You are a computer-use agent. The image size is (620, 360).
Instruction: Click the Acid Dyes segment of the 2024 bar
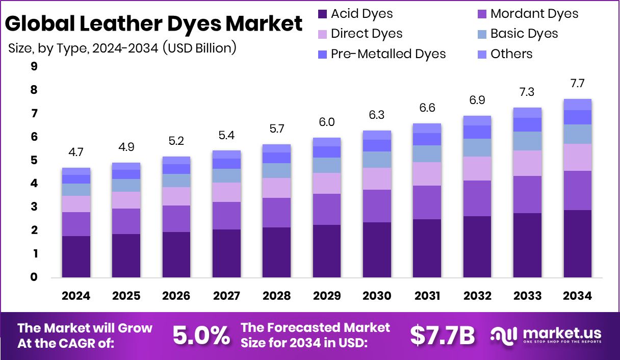pyautogui.click(x=76, y=256)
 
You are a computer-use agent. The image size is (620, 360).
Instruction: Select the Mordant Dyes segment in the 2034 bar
pyautogui.click(x=578, y=190)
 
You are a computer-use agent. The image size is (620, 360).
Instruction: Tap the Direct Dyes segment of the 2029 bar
pyautogui.click(x=327, y=183)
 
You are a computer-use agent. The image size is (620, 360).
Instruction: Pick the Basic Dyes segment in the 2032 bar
pyautogui.click(x=477, y=147)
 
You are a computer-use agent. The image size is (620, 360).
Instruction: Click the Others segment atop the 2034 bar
pyautogui.click(x=578, y=105)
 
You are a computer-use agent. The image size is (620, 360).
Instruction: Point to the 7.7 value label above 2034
pyautogui.click(x=578, y=83)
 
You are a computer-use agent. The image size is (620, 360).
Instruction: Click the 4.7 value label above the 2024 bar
pyautogui.click(x=76, y=152)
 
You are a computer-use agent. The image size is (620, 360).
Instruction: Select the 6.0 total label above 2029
pyautogui.click(x=327, y=122)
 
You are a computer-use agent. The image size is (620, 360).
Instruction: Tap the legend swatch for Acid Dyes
pyautogui.click(x=322, y=14)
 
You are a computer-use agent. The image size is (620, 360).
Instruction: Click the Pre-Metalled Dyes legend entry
pyautogui.click(x=388, y=54)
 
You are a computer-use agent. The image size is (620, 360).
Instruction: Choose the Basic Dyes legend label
pyautogui.click(x=524, y=34)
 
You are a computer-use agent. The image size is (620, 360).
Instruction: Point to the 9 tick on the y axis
pyautogui.click(x=34, y=66)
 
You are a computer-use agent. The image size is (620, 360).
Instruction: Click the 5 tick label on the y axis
pyautogui.click(x=34, y=160)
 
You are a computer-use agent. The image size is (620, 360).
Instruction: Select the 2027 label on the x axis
pyautogui.click(x=226, y=296)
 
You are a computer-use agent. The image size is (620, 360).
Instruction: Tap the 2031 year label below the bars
pyautogui.click(x=427, y=296)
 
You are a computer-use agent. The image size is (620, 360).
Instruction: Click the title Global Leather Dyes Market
pyautogui.click(x=154, y=24)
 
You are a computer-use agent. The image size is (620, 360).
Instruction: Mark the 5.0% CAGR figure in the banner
pyautogui.click(x=201, y=335)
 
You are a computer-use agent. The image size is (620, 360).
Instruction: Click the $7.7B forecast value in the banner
pyautogui.click(x=442, y=335)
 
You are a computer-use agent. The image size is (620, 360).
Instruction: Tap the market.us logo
pyautogui.click(x=546, y=335)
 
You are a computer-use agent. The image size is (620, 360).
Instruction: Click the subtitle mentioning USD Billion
pyautogui.click(x=122, y=48)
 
